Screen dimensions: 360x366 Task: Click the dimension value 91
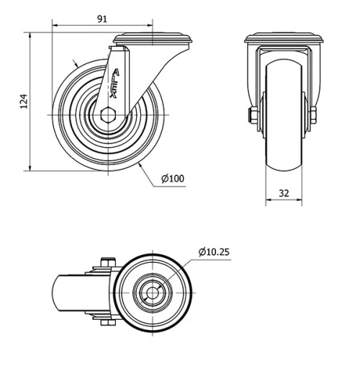click(x=102, y=19)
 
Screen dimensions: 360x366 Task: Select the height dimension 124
click(x=24, y=102)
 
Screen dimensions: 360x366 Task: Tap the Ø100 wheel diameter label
click(x=173, y=179)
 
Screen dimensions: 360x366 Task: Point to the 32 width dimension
click(x=284, y=193)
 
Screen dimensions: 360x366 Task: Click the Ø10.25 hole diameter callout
click(x=214, y=251)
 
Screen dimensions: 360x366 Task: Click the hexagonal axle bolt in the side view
click(x=108, y=115)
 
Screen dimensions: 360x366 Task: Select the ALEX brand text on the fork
click(x=114, y=84)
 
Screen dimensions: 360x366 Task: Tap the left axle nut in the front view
click(x=253, y=115)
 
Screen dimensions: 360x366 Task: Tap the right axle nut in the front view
click(x=313, y=115)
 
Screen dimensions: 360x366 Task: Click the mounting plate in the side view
click(x=153, y=38)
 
